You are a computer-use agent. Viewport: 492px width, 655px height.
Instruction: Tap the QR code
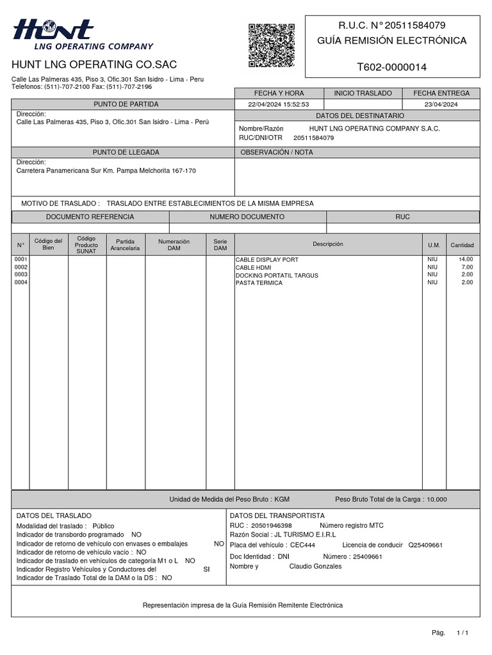271,45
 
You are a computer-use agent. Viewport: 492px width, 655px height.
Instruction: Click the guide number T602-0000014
391,67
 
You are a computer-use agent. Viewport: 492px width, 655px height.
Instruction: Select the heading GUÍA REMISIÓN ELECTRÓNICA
392,41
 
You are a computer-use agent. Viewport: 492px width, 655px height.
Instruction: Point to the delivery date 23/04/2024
441,104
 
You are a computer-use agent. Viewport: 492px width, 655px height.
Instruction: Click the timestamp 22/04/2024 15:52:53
279,104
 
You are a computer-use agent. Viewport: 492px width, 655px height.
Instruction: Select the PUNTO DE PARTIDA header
126,104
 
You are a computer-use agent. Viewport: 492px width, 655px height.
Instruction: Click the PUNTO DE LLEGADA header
126,152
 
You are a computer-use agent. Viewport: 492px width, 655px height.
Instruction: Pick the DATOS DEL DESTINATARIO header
359,116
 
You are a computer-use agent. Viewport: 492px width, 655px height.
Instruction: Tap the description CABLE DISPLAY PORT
266,260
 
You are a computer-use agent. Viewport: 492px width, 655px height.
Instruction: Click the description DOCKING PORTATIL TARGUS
277,275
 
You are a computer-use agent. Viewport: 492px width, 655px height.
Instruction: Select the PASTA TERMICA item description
259,283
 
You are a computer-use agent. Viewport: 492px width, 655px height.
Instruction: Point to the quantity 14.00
466,260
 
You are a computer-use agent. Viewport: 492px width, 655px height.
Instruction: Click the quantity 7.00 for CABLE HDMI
467,267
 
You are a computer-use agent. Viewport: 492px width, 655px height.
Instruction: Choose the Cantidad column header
462,245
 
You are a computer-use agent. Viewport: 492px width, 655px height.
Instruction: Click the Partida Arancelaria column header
125,244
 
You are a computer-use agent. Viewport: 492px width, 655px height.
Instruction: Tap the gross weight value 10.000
437,500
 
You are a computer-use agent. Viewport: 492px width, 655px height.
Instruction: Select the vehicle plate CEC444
302,545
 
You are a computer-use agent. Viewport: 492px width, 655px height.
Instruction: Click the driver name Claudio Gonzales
315,566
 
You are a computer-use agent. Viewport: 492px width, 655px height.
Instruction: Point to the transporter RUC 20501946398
271,525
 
